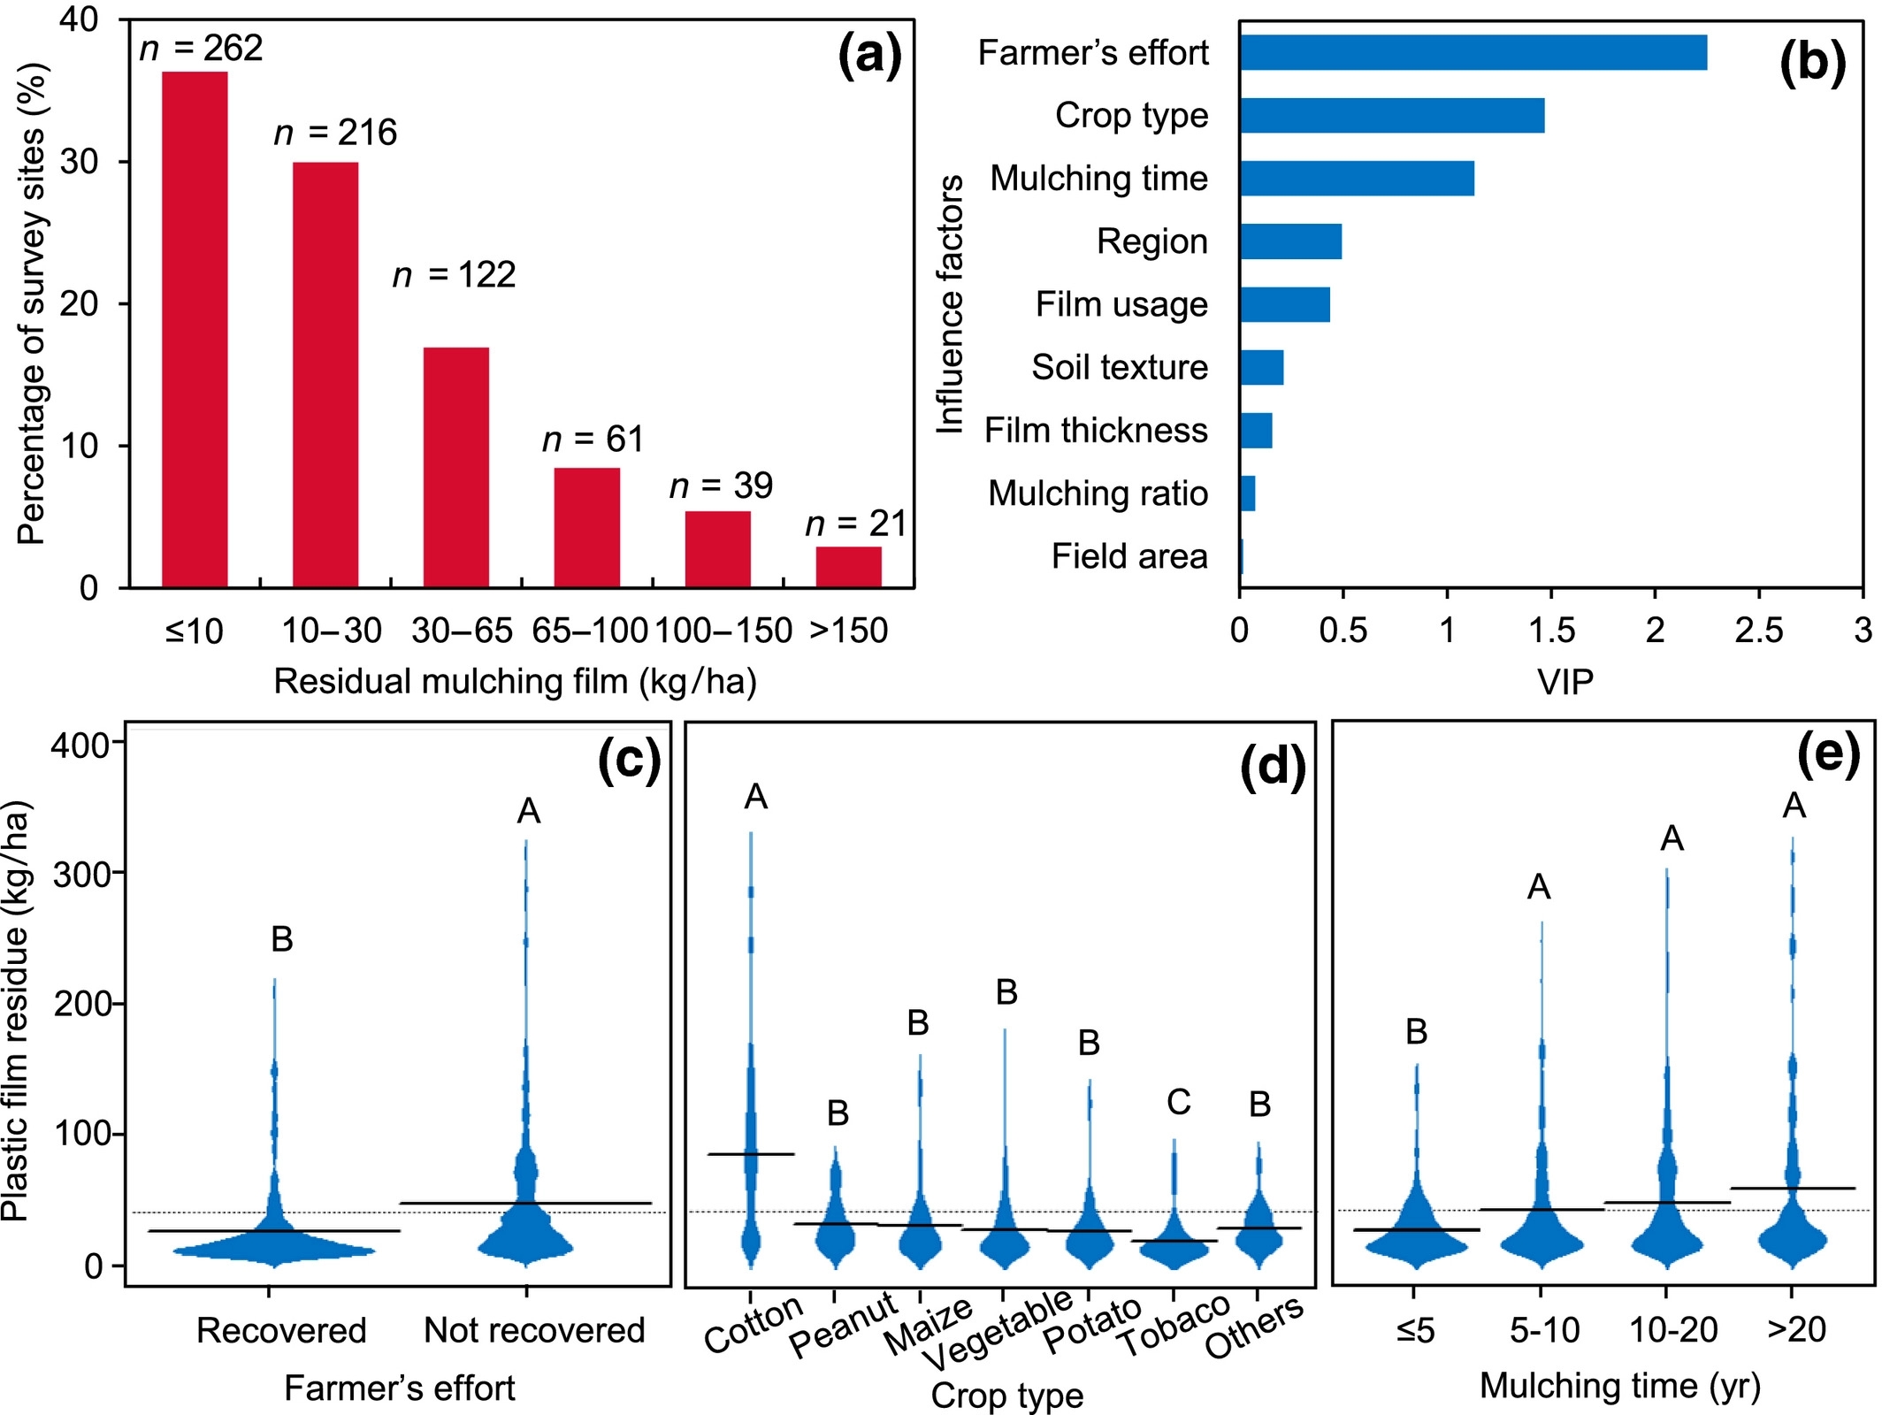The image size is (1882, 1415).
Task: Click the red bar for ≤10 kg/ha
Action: click(195, 329)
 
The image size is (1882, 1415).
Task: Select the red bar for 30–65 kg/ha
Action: click(456, 467)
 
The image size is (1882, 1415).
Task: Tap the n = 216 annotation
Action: click(335, 133)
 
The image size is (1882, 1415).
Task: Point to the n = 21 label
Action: click(855, 524)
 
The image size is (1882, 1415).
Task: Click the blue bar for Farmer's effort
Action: click(1473, 52)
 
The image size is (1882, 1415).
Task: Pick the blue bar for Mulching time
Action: click(1357, 178)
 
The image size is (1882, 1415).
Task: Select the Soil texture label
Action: click(1119, 367)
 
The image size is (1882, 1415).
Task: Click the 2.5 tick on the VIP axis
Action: click(1758, 630)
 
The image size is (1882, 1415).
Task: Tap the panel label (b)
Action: click(1812, 64)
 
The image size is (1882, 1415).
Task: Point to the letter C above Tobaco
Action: click(1179, 1102)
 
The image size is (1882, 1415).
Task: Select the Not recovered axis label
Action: click(534, 1330)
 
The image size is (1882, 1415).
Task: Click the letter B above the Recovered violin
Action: click(281, 939)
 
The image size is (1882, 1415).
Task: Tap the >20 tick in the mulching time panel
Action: click(1795, 1329)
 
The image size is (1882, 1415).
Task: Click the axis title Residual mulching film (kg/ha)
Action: click(515, 682)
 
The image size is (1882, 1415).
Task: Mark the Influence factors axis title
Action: click(950, 304)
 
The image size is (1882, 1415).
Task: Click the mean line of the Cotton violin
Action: click(752, 1154)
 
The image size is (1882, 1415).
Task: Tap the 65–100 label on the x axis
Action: click(590, 631)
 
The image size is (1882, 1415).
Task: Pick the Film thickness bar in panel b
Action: click(1256, 431)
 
